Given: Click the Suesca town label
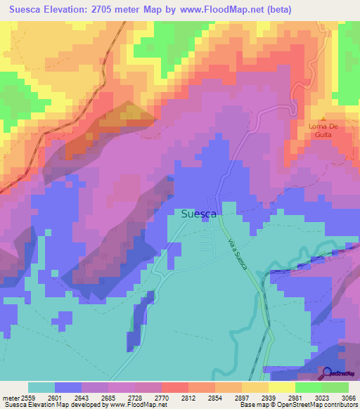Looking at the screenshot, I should [x=199, y=214].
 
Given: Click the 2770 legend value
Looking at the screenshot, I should [x=171, y=398].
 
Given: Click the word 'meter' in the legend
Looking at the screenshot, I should [x=9, y=398].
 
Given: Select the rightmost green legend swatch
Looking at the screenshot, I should [x=335, y=387].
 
